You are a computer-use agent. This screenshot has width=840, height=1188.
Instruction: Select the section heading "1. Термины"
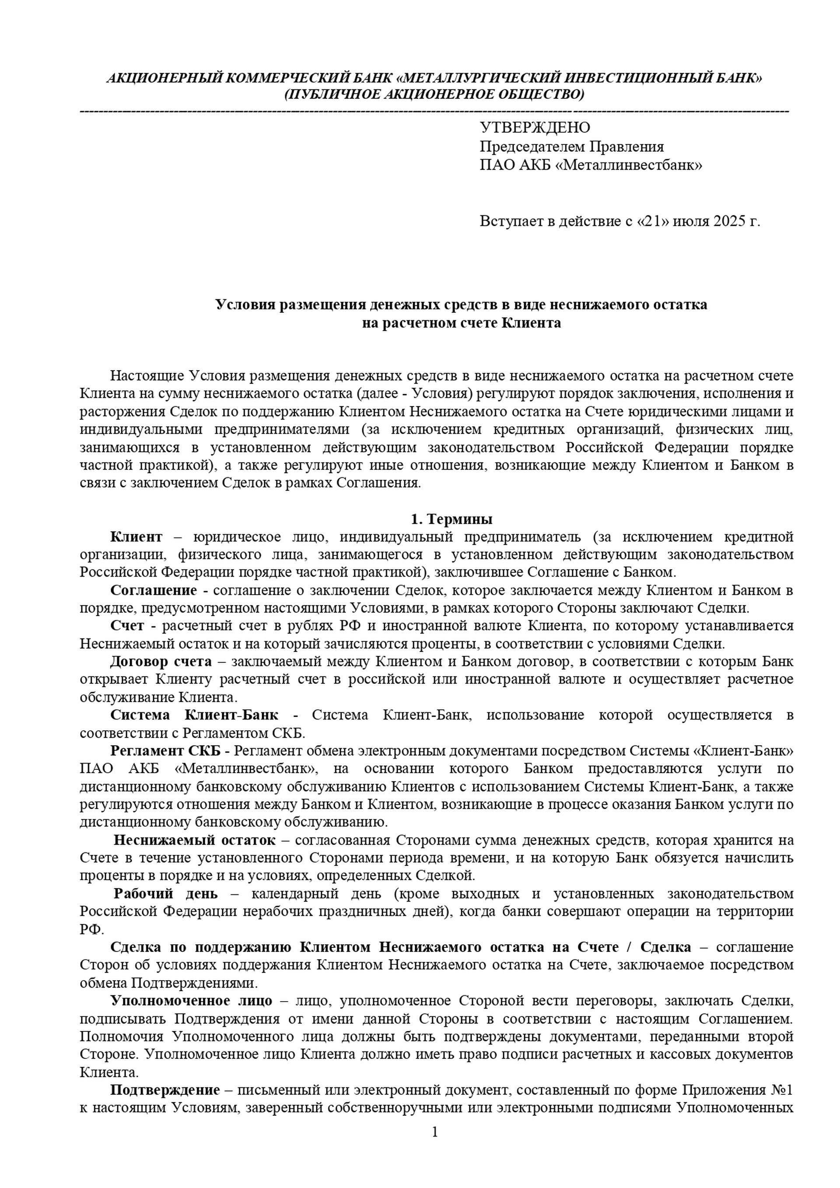451,519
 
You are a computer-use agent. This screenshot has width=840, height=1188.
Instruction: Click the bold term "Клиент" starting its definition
136,536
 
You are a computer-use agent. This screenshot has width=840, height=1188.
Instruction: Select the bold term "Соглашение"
154,590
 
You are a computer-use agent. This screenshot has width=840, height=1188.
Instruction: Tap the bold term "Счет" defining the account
127,626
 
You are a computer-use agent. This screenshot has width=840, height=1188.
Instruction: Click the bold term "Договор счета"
161,661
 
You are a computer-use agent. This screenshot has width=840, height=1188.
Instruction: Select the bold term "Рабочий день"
165,894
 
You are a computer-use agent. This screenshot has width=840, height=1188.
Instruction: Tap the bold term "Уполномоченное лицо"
191,1000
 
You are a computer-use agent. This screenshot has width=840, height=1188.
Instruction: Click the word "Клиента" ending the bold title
532,323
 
